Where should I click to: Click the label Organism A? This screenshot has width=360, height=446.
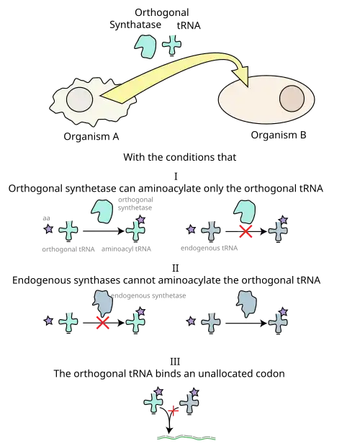click(91, 137)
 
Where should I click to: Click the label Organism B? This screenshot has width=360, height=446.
click(279, 135)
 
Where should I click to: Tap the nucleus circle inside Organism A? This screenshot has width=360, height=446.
click(79, 100)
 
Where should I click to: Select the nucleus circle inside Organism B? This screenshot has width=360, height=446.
click(292, 99)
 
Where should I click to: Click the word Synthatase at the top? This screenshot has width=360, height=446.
click(135, 24)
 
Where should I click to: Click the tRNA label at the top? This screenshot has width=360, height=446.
click(189, 26)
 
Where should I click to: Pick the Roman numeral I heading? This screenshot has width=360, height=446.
click(176, 177)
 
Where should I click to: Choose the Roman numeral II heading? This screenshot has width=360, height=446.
click(176, 268)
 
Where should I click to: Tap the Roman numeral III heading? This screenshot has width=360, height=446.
click(175, 362)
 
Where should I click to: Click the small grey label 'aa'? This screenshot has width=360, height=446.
click(46, 218)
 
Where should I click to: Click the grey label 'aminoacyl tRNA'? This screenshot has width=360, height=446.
click(126, 249)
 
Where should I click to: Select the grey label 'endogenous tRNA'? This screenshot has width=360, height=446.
click(209, 249)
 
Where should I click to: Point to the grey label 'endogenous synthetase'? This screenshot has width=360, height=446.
click(148, 296)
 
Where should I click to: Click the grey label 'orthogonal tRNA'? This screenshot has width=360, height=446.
click(68, 249)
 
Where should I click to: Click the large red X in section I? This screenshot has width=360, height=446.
click(246, 231)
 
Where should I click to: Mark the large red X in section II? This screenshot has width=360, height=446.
click(102, 323)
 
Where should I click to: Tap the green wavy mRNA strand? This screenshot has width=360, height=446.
click(186, 437)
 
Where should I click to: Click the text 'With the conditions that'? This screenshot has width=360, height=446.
click(180, 157)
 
